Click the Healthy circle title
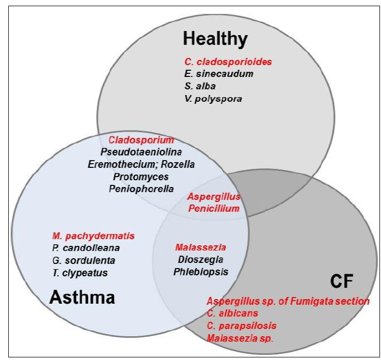click(x=215, y=39)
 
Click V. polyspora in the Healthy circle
click(x=213, y=99)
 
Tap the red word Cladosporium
click(x=141, y=140)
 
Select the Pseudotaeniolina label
click(x=141, y=152)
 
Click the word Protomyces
click(x=141, y=177)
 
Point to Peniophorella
click(x=141, y=189)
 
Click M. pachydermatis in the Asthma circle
click(x=93, y=236)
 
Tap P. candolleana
click(x=86, y=248)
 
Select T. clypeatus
click(x=80, y=273)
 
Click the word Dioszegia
click(x=200, y=259)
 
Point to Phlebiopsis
click(x=200, y=271)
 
